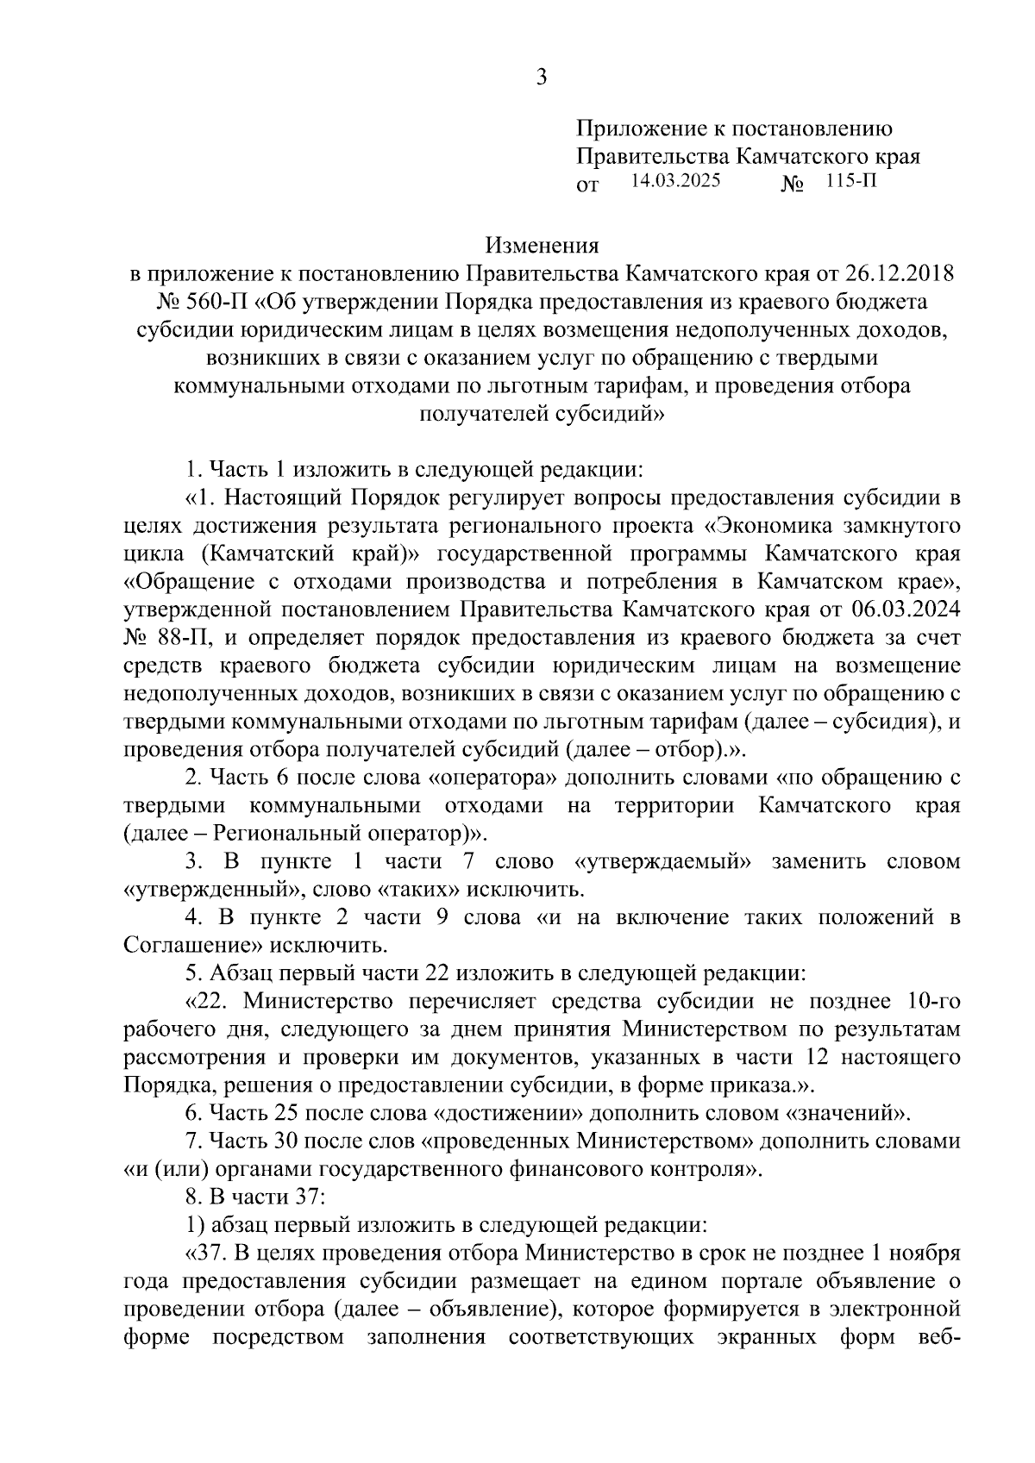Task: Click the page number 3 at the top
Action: [541, 78]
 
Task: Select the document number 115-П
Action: [850, 182]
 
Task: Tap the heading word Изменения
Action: [542, 246]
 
